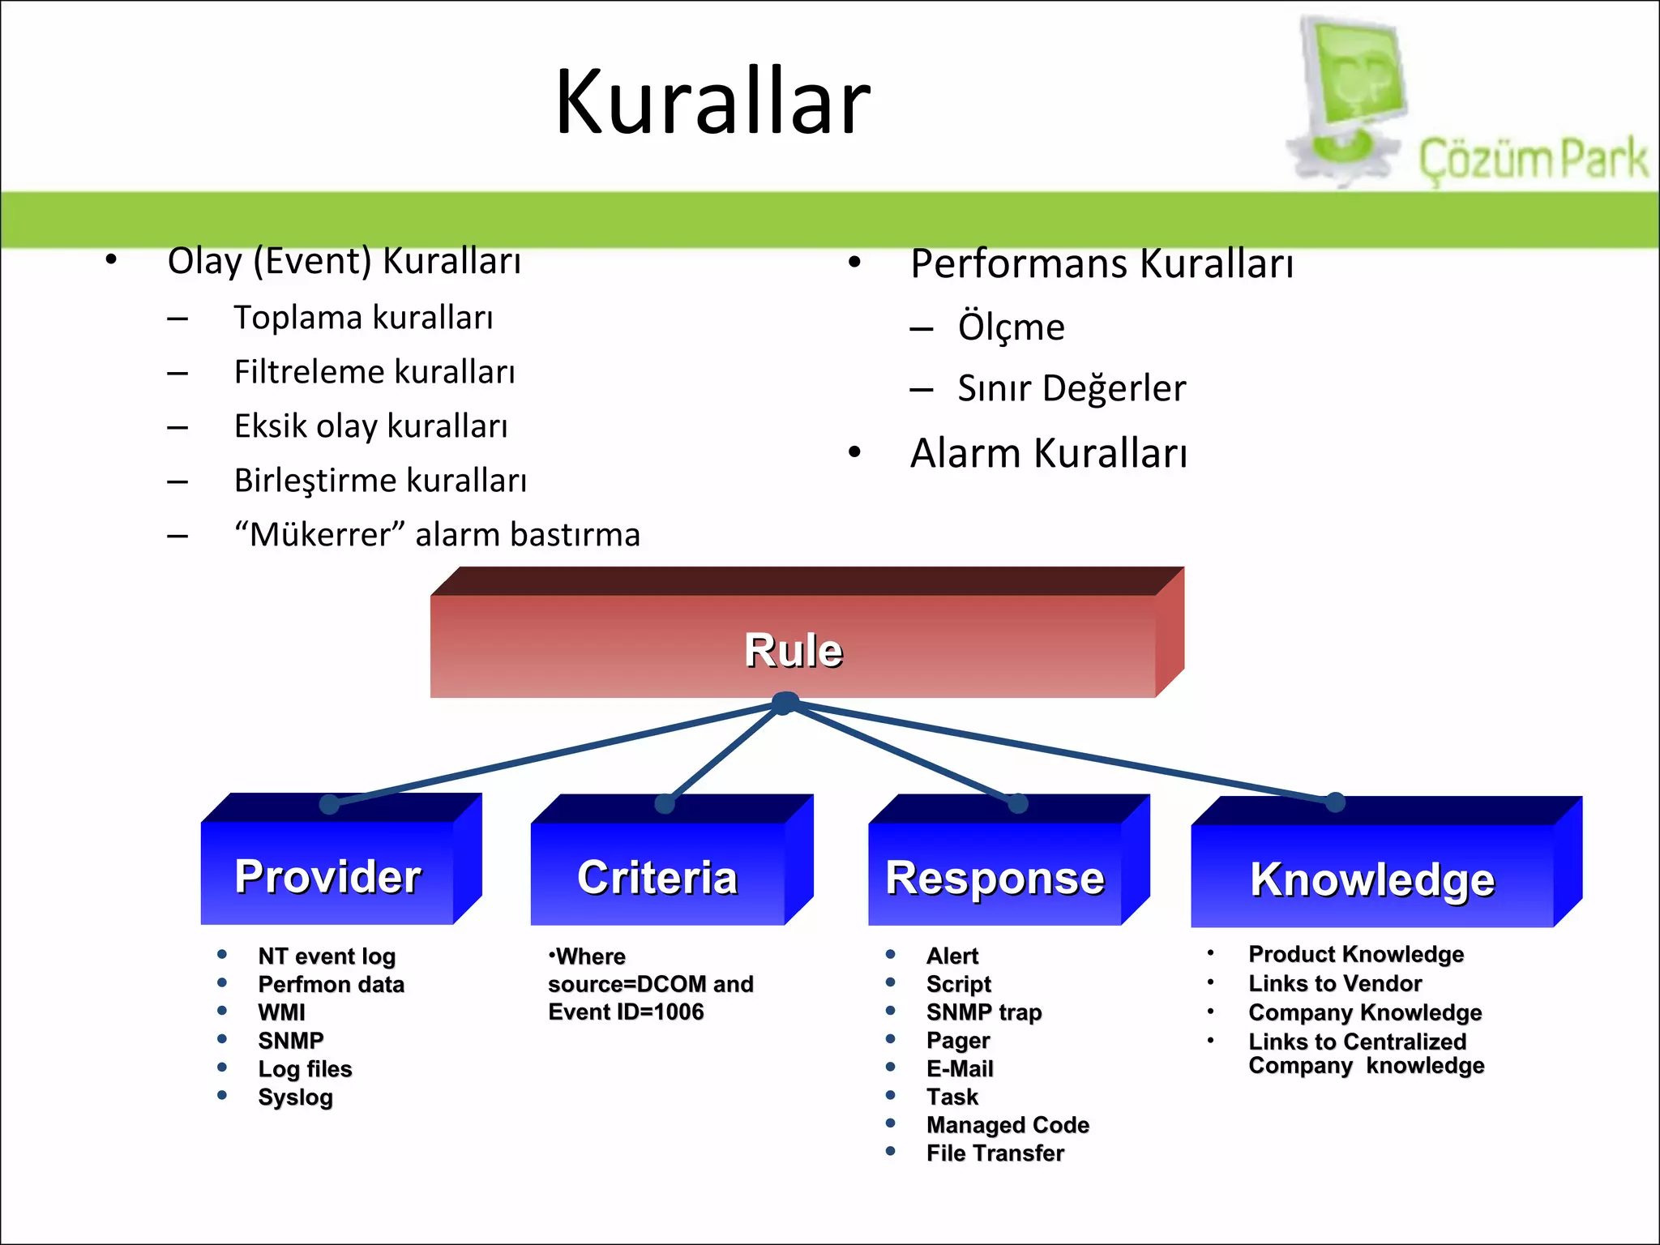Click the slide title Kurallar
point(712,103)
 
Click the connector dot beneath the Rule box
point(785,703)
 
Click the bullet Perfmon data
point(331,984)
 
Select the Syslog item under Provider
point(295,1097)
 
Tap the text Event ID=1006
point(626,1012)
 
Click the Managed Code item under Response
point(1008,1125)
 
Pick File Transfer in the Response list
point(995,1153)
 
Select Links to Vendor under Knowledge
point(1335,983)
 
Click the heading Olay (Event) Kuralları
point(344,261)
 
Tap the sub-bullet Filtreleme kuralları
point(374,372)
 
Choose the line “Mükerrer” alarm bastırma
point(437,535)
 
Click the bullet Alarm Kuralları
point(1048,452)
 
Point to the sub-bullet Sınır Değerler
point(1071,388)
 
